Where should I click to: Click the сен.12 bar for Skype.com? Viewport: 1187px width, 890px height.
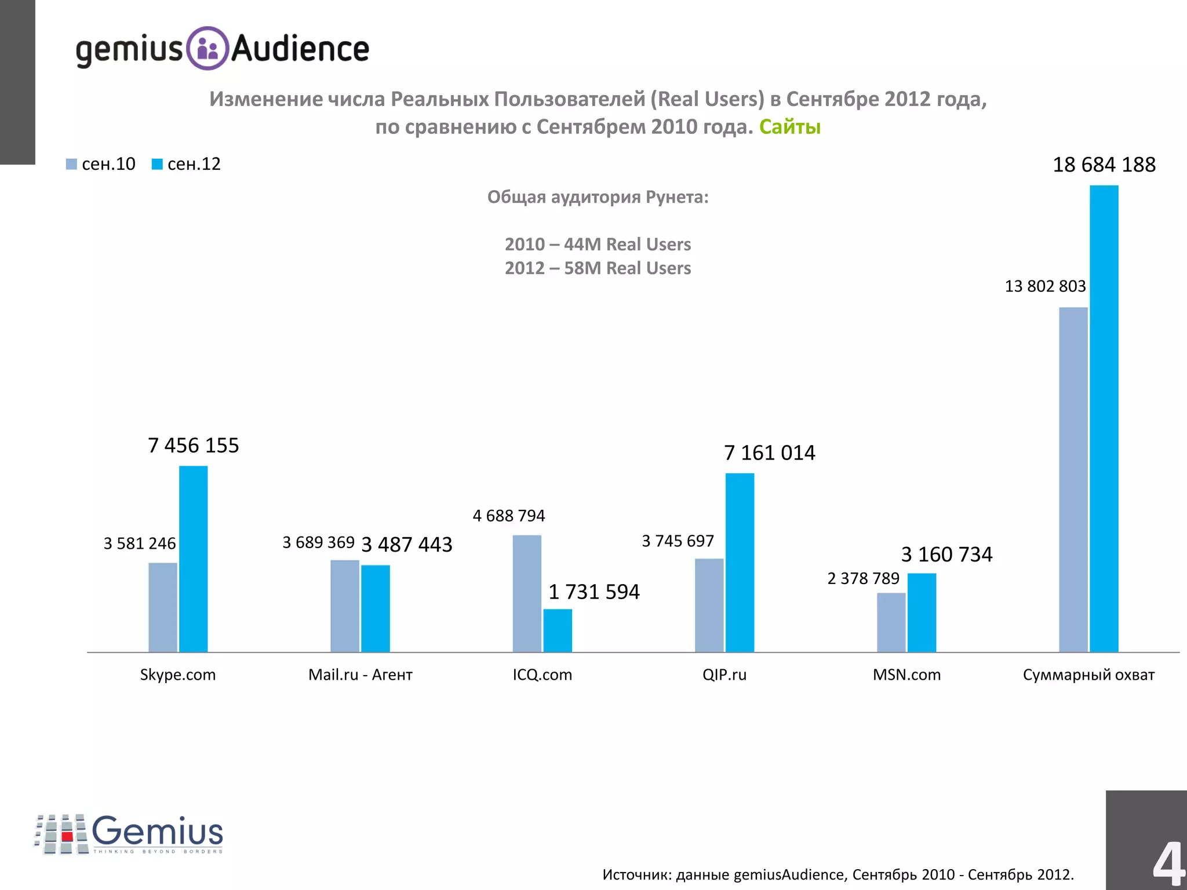point(193,559)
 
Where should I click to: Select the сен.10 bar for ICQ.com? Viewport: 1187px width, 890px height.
point(527,593)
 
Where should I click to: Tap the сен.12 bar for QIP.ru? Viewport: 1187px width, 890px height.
point(740,563)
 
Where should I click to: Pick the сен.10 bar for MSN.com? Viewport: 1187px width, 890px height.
point(891,622)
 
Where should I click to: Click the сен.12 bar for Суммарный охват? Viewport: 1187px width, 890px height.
point(1104,418)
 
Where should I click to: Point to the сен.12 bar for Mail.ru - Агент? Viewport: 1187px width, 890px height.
point(376,608)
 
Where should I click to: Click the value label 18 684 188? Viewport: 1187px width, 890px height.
point(1104,165)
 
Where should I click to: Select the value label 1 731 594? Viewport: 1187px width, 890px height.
point(593,592)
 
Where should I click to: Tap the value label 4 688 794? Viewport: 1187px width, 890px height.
point(508,516)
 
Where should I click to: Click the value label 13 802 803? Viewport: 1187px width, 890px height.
point(1044,286)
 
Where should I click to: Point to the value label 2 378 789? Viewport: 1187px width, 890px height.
point(863,578)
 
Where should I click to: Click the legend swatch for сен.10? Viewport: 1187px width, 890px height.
point(71,165)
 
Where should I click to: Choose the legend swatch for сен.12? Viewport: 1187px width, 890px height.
point(156,165)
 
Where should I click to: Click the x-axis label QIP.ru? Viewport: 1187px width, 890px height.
point(724,674)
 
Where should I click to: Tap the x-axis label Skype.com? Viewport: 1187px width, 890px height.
point(177,674)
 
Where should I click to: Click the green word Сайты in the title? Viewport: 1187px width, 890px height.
point(789,126)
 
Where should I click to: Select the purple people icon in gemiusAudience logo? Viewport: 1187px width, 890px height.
point(207,49)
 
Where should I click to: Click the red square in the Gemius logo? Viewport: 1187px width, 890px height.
point(67,836)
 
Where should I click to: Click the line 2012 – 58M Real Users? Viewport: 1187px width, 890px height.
point(598,268)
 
